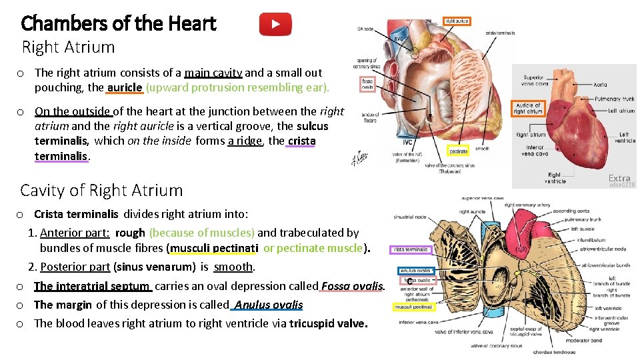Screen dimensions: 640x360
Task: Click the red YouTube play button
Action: (x=275, y=25)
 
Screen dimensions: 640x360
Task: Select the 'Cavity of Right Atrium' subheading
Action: (x=101, y=190)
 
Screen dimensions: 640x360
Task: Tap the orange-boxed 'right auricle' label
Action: (x=457, y=21)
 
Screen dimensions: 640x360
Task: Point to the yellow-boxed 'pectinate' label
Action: (x=458, y=151)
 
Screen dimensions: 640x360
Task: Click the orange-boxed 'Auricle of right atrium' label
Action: (x=528, y=108)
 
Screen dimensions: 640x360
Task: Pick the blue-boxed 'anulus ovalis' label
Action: (x=417, y=271)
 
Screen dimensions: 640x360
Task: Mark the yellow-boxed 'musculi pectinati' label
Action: (x=413, y=307)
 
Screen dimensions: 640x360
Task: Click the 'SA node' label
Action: (x=365, y=29)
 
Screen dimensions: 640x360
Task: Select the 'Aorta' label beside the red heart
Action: (x=600, y=85)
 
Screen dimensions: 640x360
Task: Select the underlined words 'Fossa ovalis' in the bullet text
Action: (x=353, y=287)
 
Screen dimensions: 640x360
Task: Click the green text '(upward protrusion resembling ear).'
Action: (x=237, y=87)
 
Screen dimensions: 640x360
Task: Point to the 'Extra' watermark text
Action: (x=619, y=178)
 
